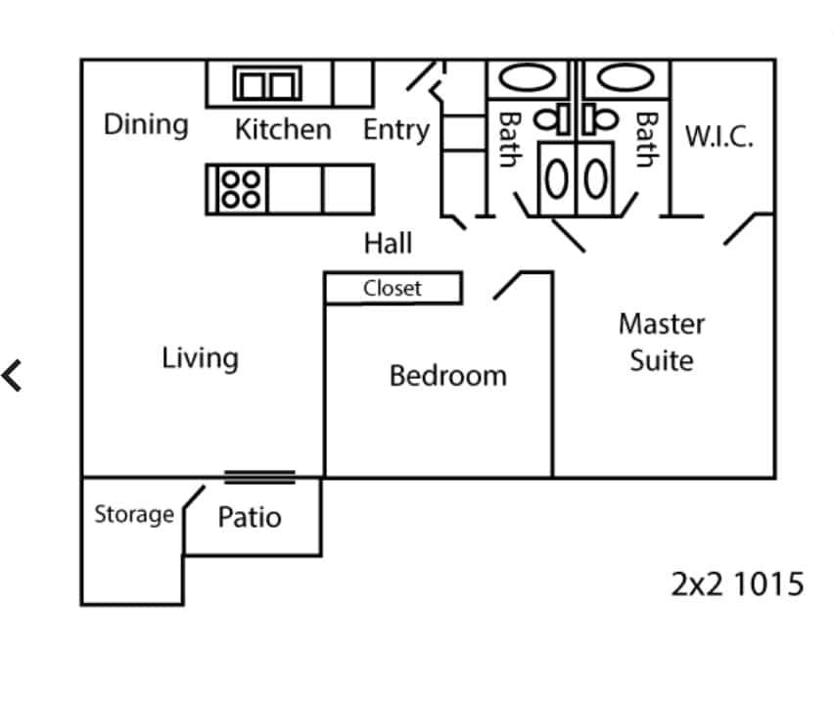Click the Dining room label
[146, 125]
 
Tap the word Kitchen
[283, 129]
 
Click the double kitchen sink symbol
[266, 85]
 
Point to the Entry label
[396, 129]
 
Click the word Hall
[389, 243]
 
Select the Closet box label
[393, 289]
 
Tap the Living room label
[200, 358]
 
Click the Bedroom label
[448, 376]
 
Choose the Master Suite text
[662, 342]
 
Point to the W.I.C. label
[719, 136]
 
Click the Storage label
[134, 514]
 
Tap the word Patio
[250, 517]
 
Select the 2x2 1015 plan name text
[738, 585]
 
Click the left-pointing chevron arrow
[13, 375]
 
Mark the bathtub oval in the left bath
[524, 78]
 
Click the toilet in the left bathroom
[553, 119]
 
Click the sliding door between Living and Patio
[259, 477]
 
